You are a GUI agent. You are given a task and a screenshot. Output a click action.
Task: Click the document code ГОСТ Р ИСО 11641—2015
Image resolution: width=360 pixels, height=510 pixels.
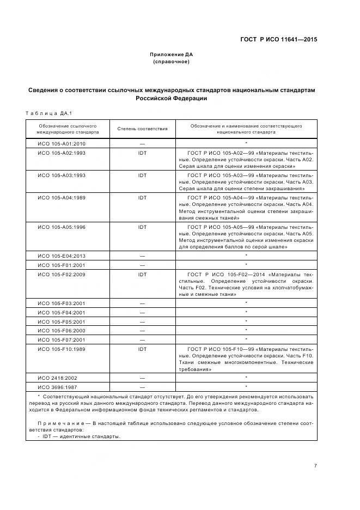coord(279,39)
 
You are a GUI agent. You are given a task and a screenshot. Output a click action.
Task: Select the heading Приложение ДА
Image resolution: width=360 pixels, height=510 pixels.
coord(171,54)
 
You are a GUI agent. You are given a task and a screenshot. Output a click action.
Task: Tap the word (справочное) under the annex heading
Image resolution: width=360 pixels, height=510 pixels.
coord(171,62)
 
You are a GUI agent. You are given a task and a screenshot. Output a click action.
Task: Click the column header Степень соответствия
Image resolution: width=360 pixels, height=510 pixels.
coord(142,129)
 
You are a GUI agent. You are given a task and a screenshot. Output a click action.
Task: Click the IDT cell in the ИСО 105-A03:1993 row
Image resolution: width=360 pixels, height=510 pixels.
coord(142,175)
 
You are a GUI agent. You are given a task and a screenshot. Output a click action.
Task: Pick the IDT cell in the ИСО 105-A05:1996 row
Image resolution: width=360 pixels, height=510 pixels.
coord(142,226)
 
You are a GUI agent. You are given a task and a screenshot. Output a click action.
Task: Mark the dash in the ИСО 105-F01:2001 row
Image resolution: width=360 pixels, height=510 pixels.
coord(142,265)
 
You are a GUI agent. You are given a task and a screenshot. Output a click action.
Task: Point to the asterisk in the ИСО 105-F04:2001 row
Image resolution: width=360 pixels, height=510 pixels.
coord(246,312)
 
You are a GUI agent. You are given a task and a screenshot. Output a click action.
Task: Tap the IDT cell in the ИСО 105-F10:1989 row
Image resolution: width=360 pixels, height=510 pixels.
coord(142,349)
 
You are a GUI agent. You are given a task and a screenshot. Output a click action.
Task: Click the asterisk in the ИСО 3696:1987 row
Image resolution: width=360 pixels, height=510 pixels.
coord(246,387)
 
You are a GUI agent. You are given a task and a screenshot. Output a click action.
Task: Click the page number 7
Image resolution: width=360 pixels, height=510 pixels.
coord(315,465)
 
